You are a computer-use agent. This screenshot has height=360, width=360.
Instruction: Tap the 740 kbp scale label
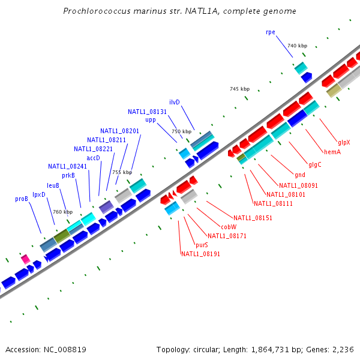[297, 46]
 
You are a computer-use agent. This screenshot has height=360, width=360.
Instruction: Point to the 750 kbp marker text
[181, 131]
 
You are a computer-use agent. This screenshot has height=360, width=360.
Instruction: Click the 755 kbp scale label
[122, 172]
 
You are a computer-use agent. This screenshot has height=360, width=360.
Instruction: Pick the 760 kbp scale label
[62, 212]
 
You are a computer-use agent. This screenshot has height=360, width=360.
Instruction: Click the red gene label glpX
[344, 143]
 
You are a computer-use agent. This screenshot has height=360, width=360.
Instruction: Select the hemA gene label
[332, 152]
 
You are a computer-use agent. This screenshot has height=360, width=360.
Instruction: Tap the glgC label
[315, 164]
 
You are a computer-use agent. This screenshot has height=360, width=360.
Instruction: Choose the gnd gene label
[300, 175]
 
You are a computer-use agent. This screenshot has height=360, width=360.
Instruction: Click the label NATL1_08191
[200, 254]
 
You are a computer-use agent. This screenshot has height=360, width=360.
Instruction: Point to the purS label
[202, 245]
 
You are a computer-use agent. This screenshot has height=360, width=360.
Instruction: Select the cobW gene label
[229, 227]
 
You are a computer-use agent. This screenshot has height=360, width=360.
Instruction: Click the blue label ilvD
[175, 102]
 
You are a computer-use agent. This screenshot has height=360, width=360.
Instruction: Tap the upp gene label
[151, 119]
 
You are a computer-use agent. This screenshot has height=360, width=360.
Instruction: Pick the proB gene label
[22, 199]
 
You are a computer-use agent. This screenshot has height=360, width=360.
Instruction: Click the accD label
[93, 158]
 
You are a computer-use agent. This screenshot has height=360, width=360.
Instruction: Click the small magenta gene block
[25, 259]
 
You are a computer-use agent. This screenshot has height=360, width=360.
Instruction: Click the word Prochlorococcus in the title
[95, 11]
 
